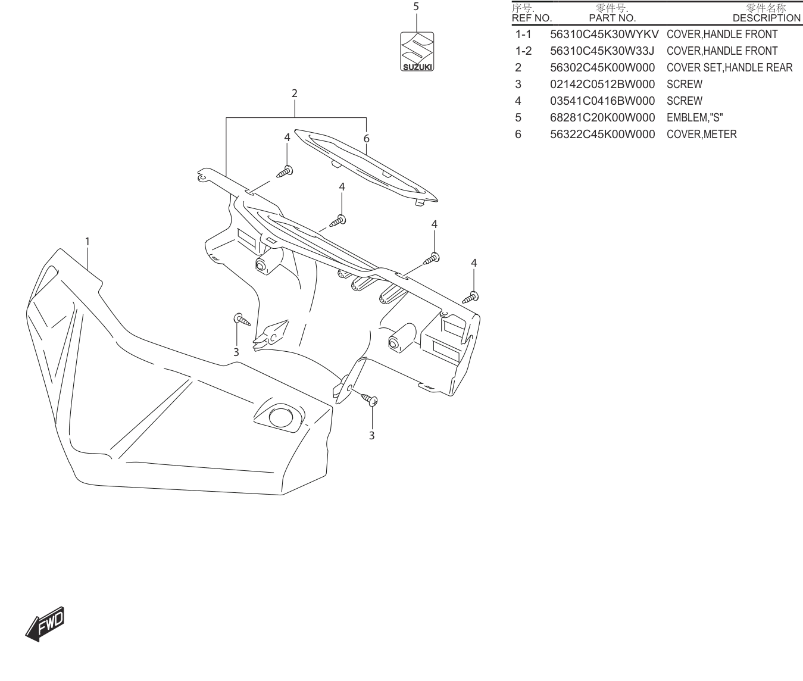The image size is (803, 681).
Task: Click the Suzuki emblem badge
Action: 417,52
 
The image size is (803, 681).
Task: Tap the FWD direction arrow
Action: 45,624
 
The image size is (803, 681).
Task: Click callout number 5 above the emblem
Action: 416,7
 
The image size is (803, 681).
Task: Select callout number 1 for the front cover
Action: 88,242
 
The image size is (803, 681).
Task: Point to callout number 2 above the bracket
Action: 295,93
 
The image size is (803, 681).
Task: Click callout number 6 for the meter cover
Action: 366,139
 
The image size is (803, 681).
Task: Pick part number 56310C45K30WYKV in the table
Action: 604,35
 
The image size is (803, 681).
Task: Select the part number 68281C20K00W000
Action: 602,118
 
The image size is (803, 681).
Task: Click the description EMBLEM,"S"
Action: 695,118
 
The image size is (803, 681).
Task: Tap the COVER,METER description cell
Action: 702,135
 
